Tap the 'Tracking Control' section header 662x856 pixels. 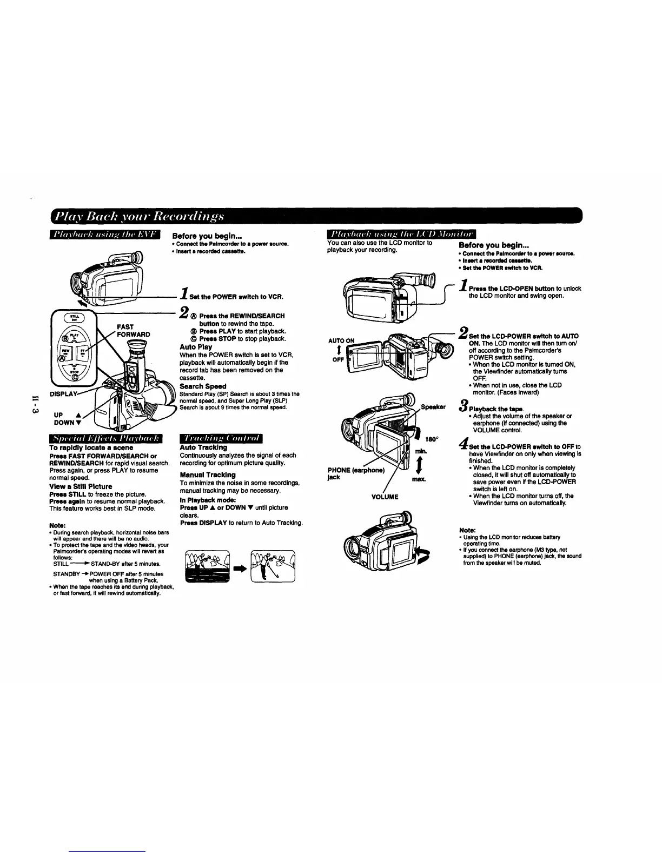click(221, 438)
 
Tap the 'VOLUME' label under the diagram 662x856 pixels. click(385, 497)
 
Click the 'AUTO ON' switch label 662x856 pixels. click(341, 340)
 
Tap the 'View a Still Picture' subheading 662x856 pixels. click(81, 486)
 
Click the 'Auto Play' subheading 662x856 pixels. click(195, 347)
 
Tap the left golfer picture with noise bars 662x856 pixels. click(207, 566)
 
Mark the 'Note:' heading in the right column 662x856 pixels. click(467, 530)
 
